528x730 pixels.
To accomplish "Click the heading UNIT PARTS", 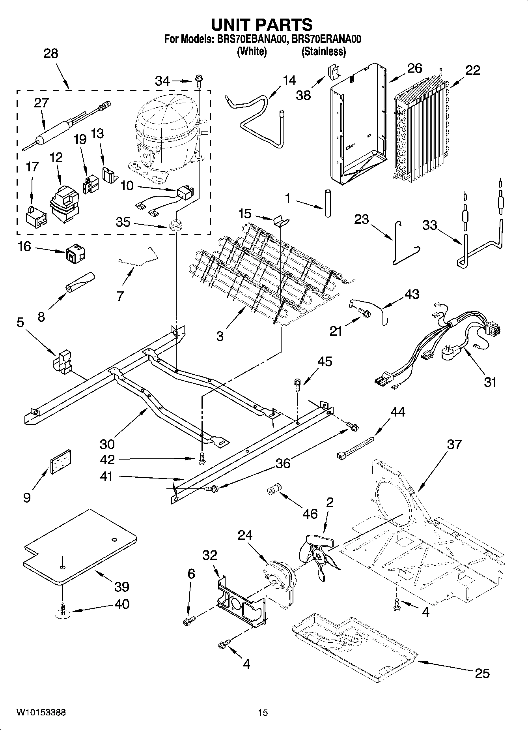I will [262, 24].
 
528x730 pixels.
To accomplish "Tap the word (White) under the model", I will [252, 52].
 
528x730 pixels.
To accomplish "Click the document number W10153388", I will [41, 713].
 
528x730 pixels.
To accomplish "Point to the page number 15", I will [263, 713].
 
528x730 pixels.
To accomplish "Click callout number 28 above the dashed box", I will [51, 53].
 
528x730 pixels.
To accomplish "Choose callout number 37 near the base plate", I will [454, 444].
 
